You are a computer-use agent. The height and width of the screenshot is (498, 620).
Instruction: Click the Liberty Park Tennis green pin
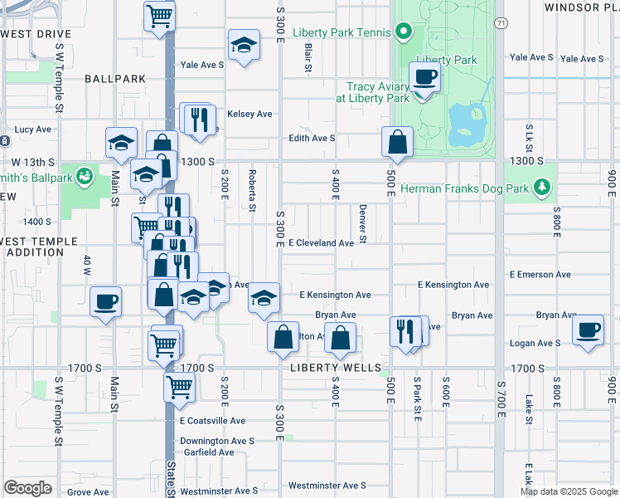click(x=404, y=34)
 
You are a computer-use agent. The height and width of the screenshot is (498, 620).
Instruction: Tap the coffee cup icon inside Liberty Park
click(x=425, y=78)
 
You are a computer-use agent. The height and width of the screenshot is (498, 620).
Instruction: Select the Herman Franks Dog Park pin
click(x=542, y=188)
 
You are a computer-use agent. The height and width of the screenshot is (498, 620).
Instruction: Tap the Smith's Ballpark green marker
click(x=84, y=176)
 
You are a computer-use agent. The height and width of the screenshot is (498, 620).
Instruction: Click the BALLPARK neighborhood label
click(x=115, y=79)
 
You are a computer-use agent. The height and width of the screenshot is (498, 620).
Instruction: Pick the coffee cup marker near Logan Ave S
click(x=588, y=330)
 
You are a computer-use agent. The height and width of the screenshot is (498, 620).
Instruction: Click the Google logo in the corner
click(x=28, y=487)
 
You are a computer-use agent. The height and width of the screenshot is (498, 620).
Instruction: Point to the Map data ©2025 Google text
click(x=568, y=491)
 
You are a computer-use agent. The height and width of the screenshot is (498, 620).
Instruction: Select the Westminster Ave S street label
click(x=327, y=486)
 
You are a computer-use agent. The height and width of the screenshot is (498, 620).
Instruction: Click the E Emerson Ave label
click(x=540, y=274)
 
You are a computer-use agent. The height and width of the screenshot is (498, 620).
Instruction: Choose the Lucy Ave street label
click(x=33, y=129)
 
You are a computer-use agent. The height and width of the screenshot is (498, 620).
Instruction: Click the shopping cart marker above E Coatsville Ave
click(x=179, y=386)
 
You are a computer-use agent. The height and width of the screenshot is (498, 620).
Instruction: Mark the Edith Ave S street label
click(x=312, y=139)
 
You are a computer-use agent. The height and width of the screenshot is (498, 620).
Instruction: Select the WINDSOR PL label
click(x=582, y=7)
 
